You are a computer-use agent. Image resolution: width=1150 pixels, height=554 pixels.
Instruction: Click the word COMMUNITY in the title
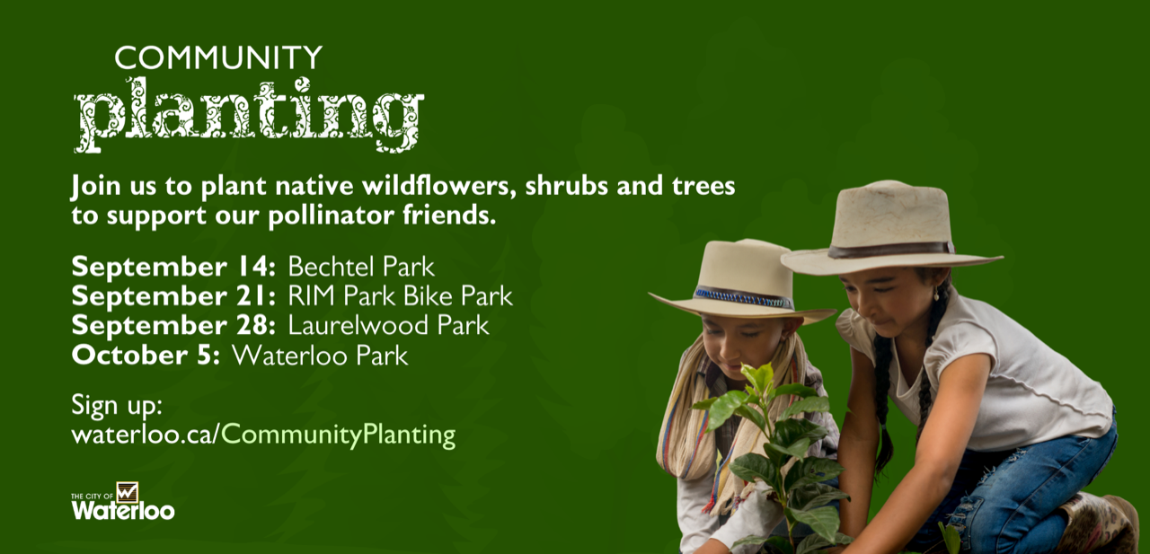point(218,57)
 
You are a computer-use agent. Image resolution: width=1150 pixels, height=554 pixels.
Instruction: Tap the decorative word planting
point(249,116)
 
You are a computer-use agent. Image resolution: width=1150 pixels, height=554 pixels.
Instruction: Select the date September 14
point(173,268)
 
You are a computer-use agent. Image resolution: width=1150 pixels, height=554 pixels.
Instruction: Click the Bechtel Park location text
point(361,267)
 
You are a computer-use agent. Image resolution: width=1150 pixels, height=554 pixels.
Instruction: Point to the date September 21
point(173,296)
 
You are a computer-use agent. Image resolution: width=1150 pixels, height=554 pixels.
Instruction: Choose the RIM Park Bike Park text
point(400,296)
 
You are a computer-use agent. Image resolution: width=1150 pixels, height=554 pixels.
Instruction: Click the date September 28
point(173,326)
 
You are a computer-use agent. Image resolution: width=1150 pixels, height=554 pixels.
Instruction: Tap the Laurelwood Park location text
point(388,325)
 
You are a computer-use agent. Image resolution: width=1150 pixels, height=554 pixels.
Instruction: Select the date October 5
point(146,355)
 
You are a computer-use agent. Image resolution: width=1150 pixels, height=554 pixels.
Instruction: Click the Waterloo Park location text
point(320,355)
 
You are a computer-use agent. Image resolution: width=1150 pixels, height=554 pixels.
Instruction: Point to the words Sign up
point(117,406)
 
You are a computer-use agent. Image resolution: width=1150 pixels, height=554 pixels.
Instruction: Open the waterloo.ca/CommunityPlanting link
point(263,435)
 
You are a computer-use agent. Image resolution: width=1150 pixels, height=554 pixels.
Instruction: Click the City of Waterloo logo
point(123,501)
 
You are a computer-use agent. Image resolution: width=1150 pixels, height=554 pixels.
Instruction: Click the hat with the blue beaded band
point(741,282)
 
